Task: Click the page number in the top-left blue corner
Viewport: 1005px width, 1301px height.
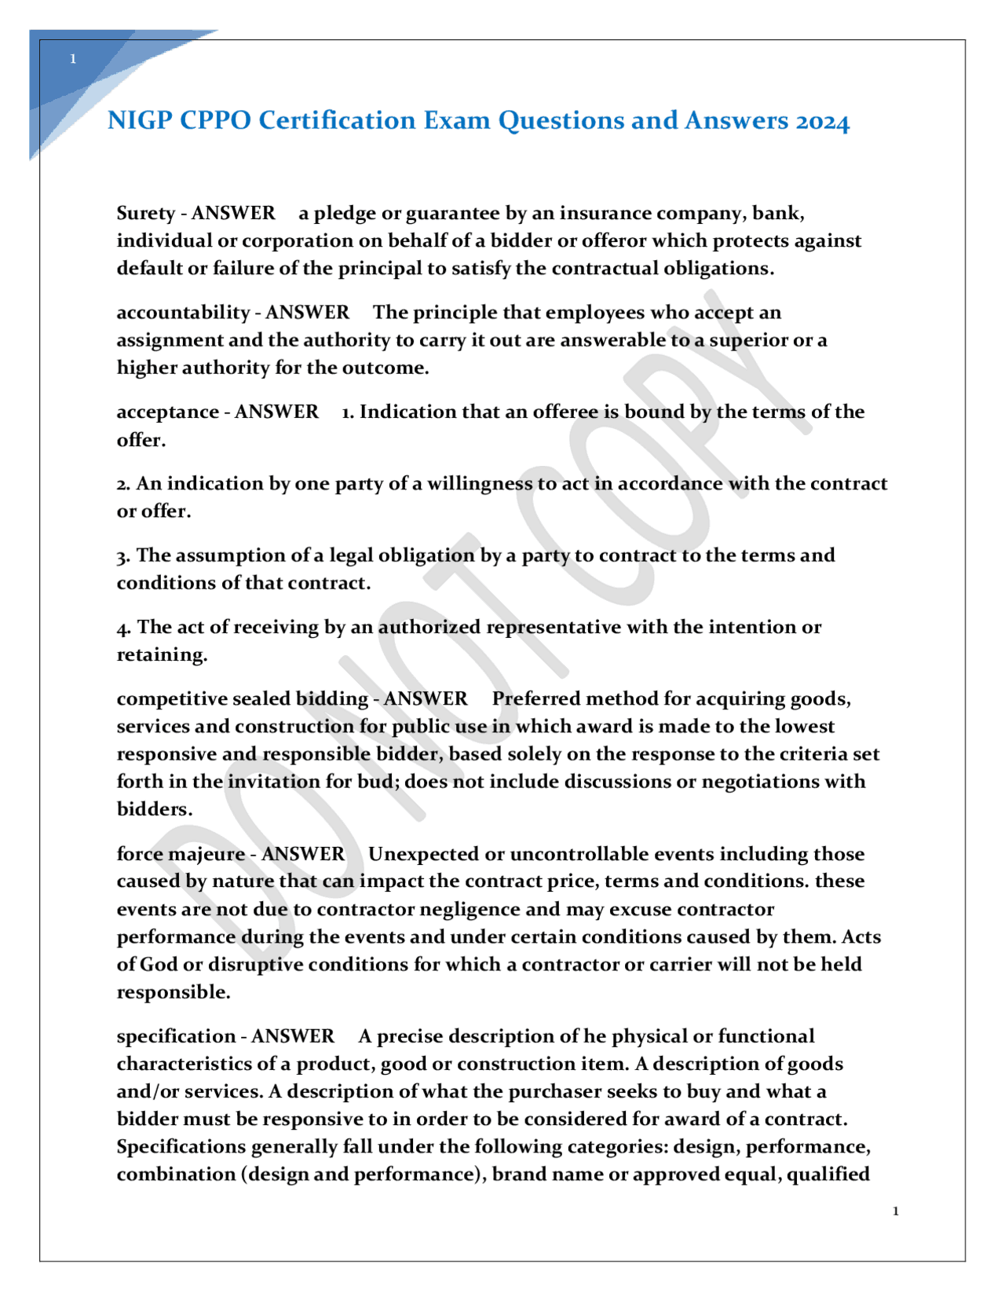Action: [73, 59]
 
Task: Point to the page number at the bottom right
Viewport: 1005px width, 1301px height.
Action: [896, 1211]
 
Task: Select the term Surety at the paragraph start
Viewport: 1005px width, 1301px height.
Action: [146, 214]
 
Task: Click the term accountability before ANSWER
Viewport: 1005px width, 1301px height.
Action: [183, 313]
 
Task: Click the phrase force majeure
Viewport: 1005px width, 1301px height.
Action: [181, 854]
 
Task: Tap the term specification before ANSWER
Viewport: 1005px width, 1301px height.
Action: [176, 1036]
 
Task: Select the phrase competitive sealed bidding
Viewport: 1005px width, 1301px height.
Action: [242, 699]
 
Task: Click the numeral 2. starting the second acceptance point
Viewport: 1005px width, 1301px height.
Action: [123, 484]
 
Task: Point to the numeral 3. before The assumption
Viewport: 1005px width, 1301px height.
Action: [123, 556]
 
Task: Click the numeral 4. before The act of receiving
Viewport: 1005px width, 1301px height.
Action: [123, 628]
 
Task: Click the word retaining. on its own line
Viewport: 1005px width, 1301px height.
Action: [162, 655]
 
